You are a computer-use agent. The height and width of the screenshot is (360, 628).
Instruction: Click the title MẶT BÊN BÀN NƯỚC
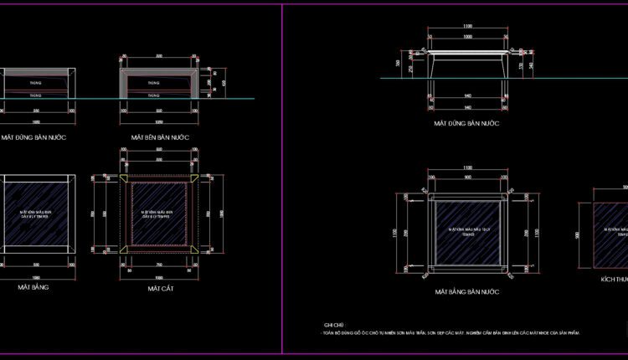tap(160, 136)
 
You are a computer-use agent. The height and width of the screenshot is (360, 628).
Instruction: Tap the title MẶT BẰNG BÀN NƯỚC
tap(466, 292)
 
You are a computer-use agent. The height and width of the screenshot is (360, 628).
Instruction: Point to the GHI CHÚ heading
tap(333, 324)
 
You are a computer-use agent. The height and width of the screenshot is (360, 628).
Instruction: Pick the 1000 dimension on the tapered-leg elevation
tap(467, 38)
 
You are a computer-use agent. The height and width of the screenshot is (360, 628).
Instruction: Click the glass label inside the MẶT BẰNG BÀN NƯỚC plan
tap(466, 228)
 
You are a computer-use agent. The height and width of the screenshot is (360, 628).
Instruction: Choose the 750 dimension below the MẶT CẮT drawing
tap(159, 265)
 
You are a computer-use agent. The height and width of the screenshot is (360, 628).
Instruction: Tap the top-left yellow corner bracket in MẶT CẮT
tap(126, 181)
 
